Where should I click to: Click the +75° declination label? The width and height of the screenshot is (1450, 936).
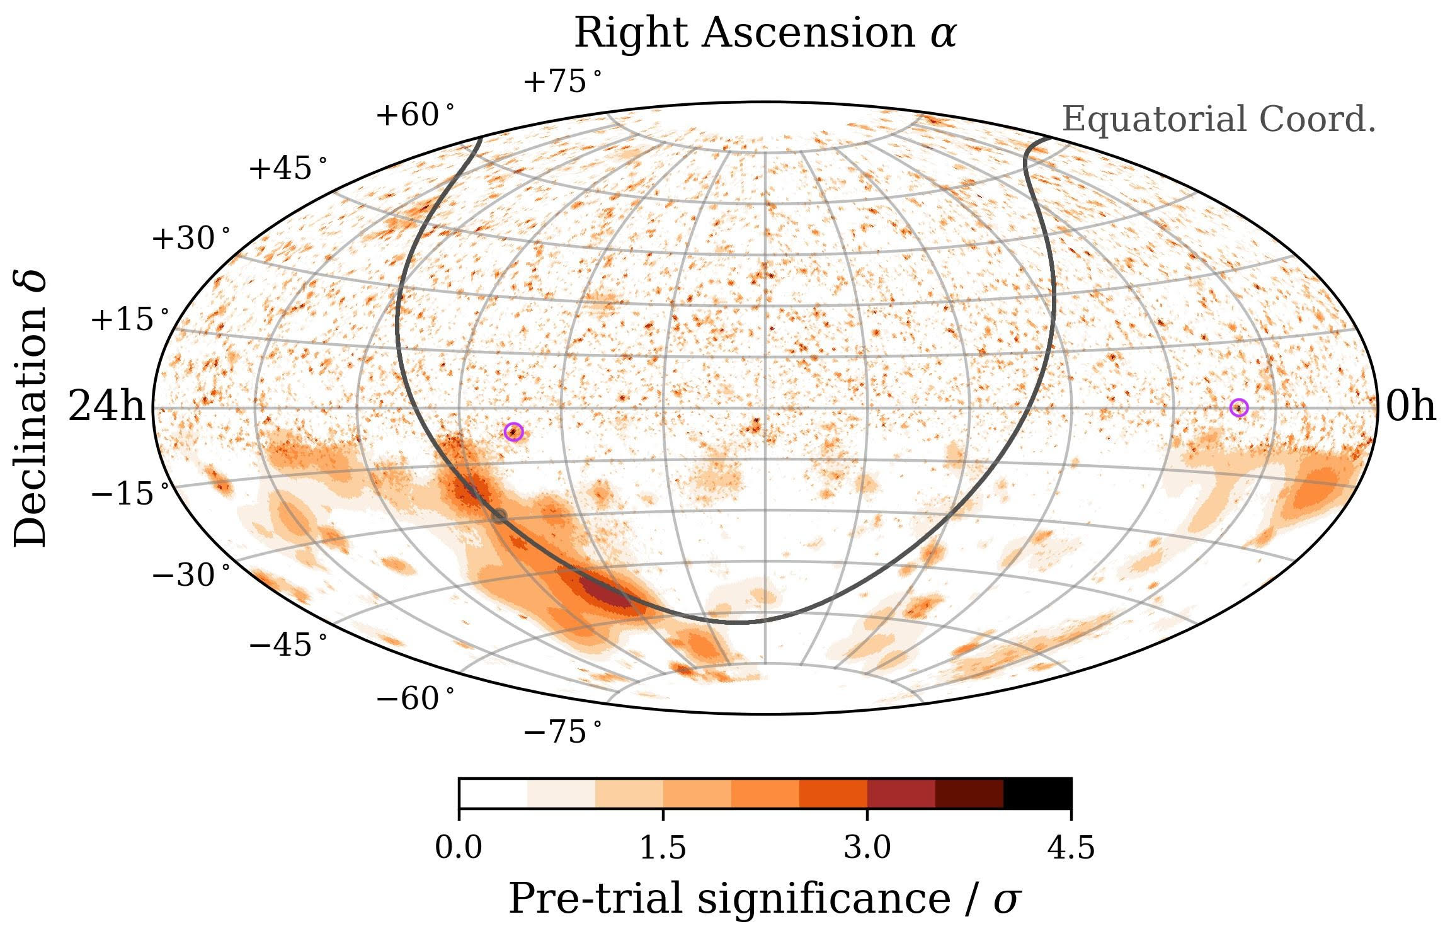(x=562, y=82)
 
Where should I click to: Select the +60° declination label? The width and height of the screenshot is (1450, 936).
(x=414, y=115)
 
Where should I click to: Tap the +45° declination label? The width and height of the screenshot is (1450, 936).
(x=288, y=169)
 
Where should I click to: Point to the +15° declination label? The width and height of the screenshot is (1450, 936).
(x=130, y=320)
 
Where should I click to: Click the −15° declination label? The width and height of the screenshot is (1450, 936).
(x=130, y=494)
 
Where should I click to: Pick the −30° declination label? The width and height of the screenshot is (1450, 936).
(x=191, y=575)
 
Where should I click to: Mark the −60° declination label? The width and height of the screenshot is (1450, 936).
(x=414, y=699)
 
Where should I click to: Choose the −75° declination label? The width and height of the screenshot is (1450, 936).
(x=562, y=733)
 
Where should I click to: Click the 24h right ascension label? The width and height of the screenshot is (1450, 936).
(x=106, y=408)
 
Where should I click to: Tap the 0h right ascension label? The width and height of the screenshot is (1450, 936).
(x=1411, y=408)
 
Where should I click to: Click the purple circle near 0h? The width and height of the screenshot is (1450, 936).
(x=1238, y=408)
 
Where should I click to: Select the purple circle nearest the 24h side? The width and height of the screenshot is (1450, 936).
(x=514, y=431)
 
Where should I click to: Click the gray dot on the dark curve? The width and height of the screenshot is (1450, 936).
(x=499, y=516)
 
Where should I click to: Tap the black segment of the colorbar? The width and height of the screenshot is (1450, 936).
(x=1037, y=793)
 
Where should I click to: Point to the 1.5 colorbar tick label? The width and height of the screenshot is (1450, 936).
(x=663, y=849)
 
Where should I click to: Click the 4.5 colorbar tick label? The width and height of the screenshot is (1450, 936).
(x=1071, y=849)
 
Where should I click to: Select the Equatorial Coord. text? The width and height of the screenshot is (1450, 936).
(x=1218, y=120)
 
